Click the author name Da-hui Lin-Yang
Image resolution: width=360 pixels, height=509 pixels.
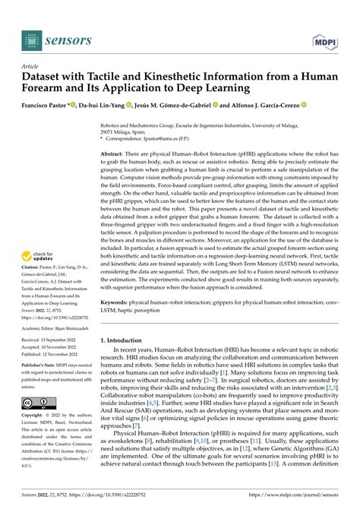[x=105, y=106]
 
